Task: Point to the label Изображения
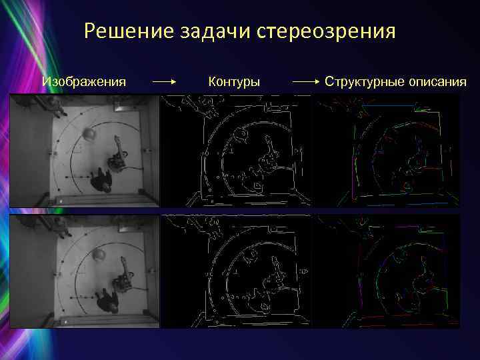[84, 82]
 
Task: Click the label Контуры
[234, 82]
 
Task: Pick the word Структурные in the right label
[365, 82]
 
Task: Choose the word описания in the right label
[438, 82]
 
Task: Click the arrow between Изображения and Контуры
[164, 82]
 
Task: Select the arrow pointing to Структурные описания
[307, 82]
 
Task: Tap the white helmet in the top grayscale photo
[89, 134]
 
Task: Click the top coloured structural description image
[386, 150]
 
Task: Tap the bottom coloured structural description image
[386, 271]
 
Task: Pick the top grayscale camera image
[85, 150]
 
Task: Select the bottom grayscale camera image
[85, 271]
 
